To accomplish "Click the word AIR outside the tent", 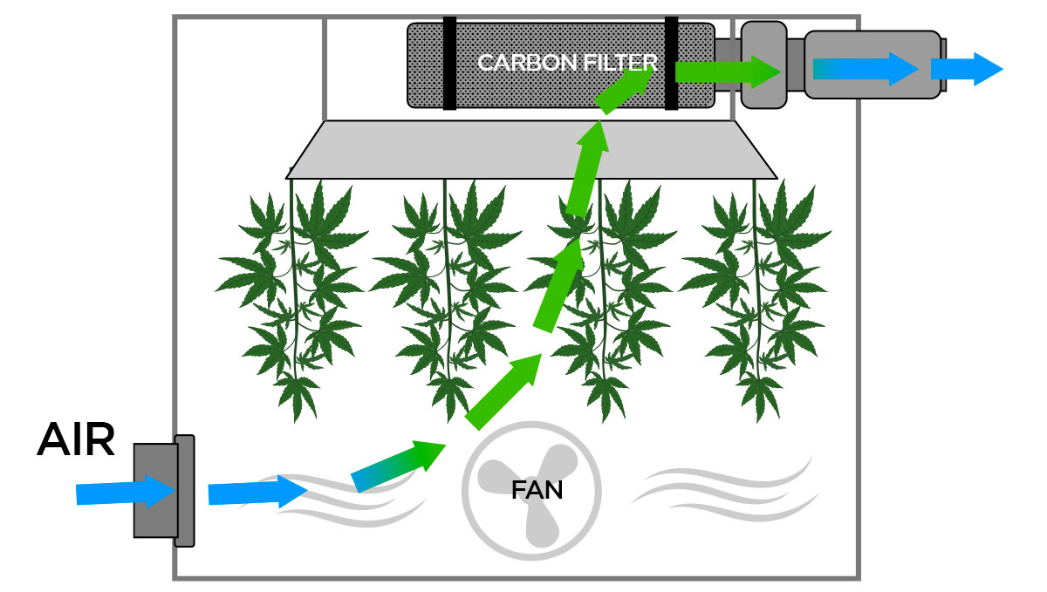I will click(x=75, y=441).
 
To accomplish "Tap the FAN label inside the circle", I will click(x=537, y=490).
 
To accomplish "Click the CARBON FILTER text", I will click(x=566, y=63).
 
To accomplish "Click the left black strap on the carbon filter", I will click(x=449, y=64).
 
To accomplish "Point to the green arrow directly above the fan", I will click(x=503, y=392).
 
